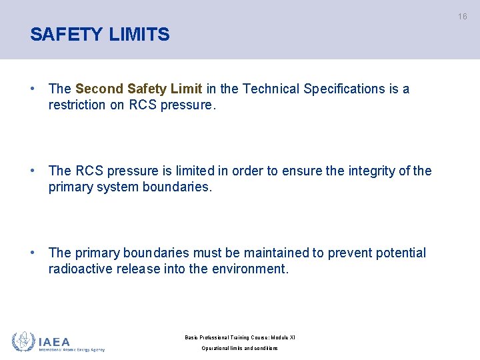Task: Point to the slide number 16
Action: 462,17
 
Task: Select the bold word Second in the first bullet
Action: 99,89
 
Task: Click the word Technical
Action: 271,89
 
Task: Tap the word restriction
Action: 76,105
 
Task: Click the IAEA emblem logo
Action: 23,342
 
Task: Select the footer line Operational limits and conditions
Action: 240,349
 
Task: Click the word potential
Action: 401,253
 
